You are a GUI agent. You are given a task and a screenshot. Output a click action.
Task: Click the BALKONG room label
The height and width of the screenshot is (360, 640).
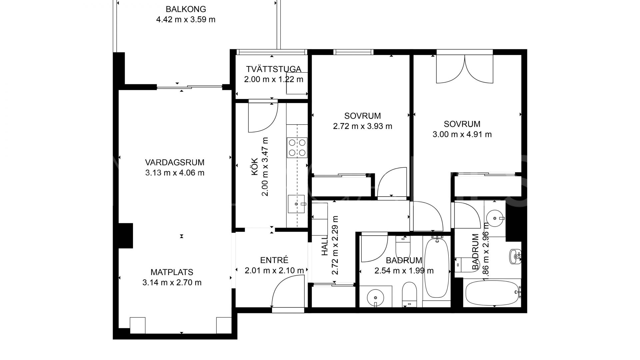pyautogui.click(x=186, y=9)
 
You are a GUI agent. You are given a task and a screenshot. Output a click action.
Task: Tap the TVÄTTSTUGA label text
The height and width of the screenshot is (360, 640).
pyautogui.click(x=274, y=69)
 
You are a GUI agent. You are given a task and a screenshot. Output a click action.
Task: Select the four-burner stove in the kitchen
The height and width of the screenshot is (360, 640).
pyautogui.click(x=297, y=147)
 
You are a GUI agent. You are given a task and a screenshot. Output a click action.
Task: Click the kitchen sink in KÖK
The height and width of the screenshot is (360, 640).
pyautogui.click(x=296, y=204)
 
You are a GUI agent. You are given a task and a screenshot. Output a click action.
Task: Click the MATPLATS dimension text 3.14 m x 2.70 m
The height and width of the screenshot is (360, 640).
pyautogui.click(x=172, y=283)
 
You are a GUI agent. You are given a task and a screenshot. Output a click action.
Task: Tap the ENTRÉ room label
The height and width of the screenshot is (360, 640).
pyautogui.click(x=274, y=260)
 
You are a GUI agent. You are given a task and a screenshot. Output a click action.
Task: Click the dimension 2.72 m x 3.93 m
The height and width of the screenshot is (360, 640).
pyautogui.click(x=362, y=126)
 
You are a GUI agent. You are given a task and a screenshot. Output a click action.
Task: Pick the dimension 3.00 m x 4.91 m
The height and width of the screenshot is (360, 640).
pyautogui.click(x=462, y=134)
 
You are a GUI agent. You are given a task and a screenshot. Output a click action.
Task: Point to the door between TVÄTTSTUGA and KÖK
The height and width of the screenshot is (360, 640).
pyautogui.click(x=263, y=117)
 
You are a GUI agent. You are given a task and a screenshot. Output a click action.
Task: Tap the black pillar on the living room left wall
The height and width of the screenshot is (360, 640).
pyautogui.click(x=126, y=235)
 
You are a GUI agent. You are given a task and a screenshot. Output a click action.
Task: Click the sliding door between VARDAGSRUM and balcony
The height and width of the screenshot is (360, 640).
pyautogui.click(x=189, y=87)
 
